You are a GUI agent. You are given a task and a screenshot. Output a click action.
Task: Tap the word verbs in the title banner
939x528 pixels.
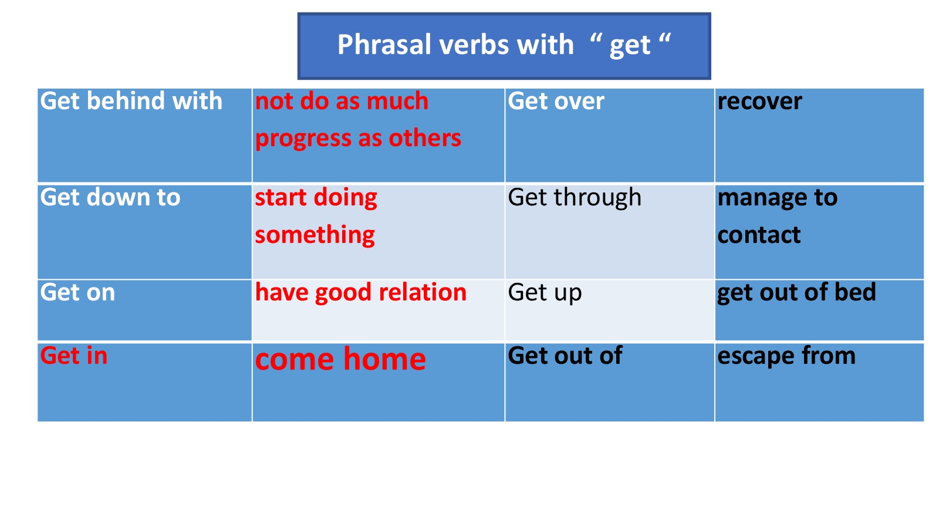pos(475,44)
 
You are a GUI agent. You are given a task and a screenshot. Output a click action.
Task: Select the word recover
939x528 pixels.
pos(759,102)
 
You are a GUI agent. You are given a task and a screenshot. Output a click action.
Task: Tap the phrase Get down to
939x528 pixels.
pos(110,197)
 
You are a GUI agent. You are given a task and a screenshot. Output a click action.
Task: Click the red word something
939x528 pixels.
pos(315,235)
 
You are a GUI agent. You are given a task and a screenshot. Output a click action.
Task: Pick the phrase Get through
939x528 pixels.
pos(575,197)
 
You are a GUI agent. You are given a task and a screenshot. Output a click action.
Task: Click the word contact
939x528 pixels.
pos(759,235)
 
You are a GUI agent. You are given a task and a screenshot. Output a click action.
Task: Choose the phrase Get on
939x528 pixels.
pos(77,292)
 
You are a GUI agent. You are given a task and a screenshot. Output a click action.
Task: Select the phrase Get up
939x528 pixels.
pos(545,293)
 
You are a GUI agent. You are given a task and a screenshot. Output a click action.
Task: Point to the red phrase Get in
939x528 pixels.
pos(74,356)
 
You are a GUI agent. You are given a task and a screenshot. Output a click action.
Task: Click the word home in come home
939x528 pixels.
pos(385,359)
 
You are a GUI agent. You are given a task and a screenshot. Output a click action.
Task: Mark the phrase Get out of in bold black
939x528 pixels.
pos(565,356)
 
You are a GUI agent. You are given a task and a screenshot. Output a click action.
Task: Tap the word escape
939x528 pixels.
pos(756,357)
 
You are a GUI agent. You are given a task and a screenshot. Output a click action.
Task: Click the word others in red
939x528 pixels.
pos(425,138)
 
